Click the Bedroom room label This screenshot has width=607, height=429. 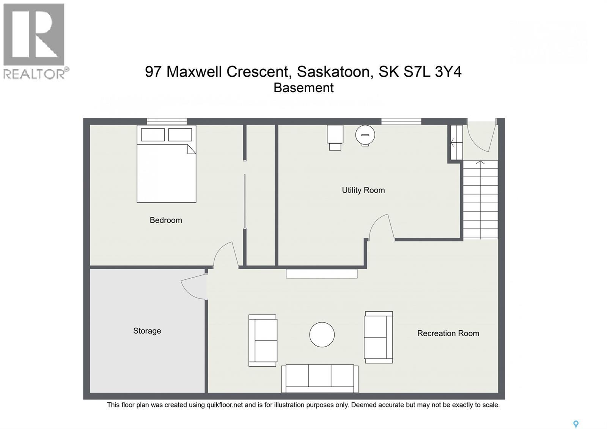coord(166,220)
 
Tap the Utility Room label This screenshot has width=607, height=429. coord(363,190)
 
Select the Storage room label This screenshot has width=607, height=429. coord(147,331)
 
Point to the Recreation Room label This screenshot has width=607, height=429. coord(448,333)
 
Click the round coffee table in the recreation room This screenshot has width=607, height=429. coord(322,335)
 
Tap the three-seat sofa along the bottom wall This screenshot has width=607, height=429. coord(320,378)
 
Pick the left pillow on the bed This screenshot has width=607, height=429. coord(153,135)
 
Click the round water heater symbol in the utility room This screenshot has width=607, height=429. coord(365,135)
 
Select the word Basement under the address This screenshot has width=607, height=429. coord(303,88)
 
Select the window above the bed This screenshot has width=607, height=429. coord(167,121)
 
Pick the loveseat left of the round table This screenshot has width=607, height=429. coord(263,340)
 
